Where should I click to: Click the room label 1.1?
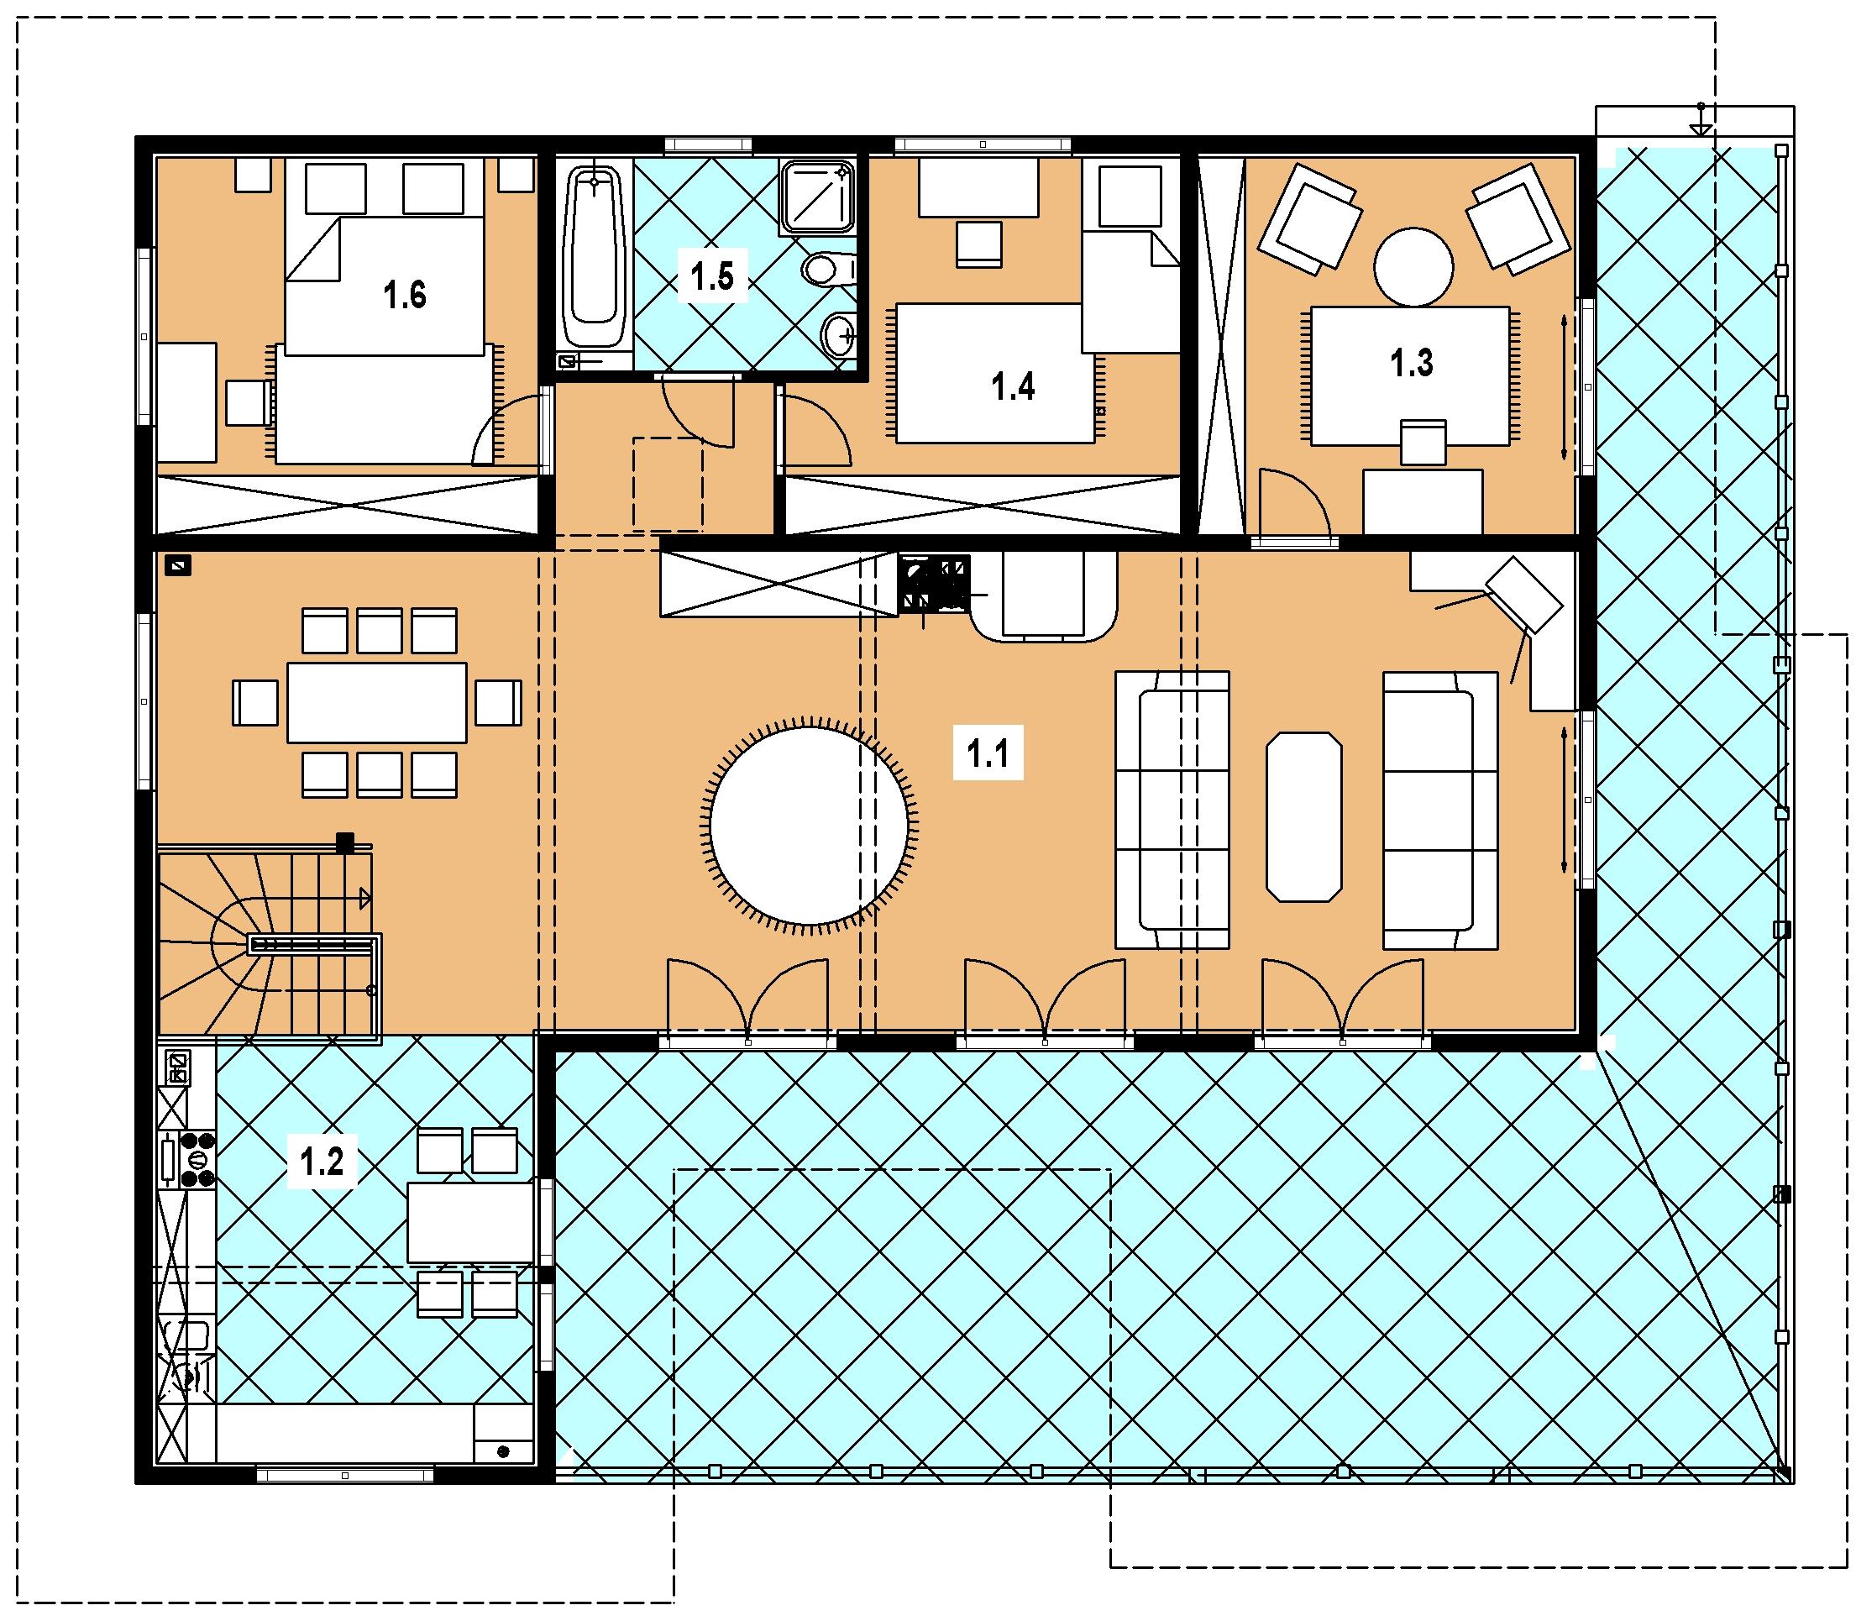[x=988, y=753]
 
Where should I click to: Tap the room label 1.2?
[x=321, y=1162]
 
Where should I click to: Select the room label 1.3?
[x=1411, y=363]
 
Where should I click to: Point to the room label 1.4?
[x=1012, y=387]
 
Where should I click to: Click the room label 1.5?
[x=712, y=277]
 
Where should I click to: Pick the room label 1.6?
[x=404, y=295]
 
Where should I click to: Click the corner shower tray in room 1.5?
[x=817, y=197]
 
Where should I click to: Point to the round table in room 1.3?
[x=1413, y=266]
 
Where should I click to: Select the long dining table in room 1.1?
[x=377, y=703]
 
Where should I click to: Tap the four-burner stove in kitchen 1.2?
[x=197, y=1159]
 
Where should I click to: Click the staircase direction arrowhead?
[x=365, y=898]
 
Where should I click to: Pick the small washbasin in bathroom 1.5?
[x=838, y=336]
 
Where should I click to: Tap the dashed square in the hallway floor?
[x=668, y=483]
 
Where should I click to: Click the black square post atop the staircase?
[x=344, y=843]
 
